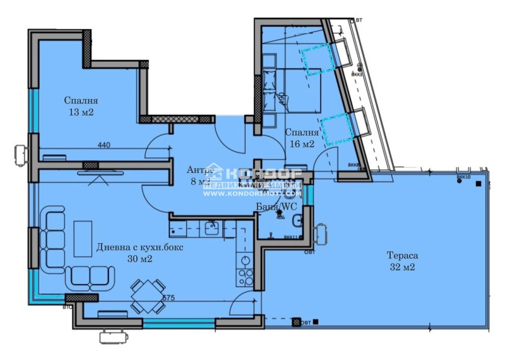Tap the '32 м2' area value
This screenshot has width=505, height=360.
point(402,267)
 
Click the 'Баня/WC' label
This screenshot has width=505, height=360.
point(275,207)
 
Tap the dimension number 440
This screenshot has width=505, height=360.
point(104,145)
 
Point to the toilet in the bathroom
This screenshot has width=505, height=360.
point(297,220)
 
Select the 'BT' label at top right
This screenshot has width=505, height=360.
point(359,20)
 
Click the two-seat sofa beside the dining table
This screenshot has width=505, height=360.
point(92,275)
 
